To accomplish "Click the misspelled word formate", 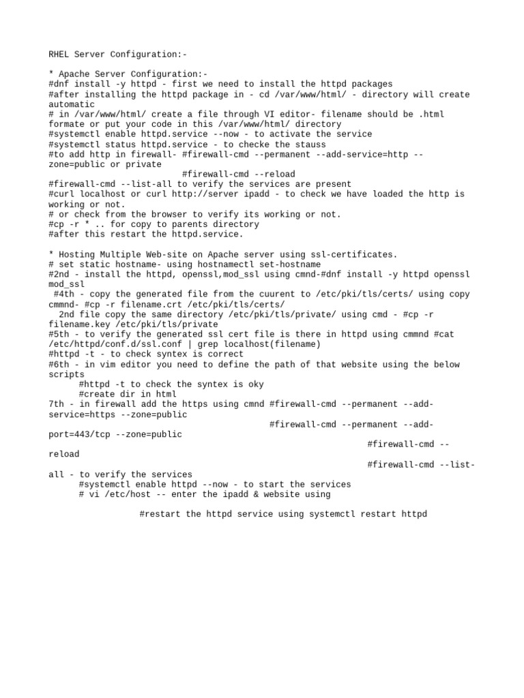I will point(67,124).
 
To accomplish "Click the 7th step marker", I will point(57,404).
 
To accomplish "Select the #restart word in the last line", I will point(160,514).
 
